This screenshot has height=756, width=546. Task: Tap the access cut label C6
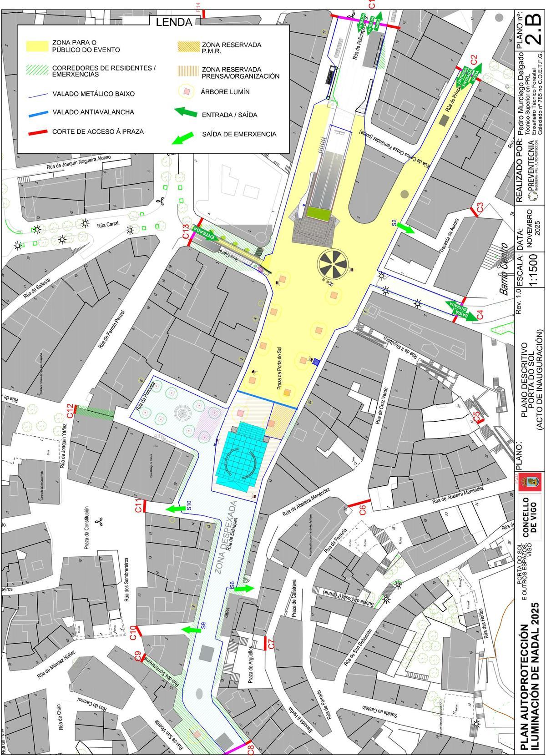pos(363,509)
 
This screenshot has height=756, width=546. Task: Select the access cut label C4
pos(480,314)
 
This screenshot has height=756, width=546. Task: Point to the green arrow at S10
pos(175,509)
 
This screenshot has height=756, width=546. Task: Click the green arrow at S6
pos(243,589)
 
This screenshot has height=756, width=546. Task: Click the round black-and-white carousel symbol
pos(334,263)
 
